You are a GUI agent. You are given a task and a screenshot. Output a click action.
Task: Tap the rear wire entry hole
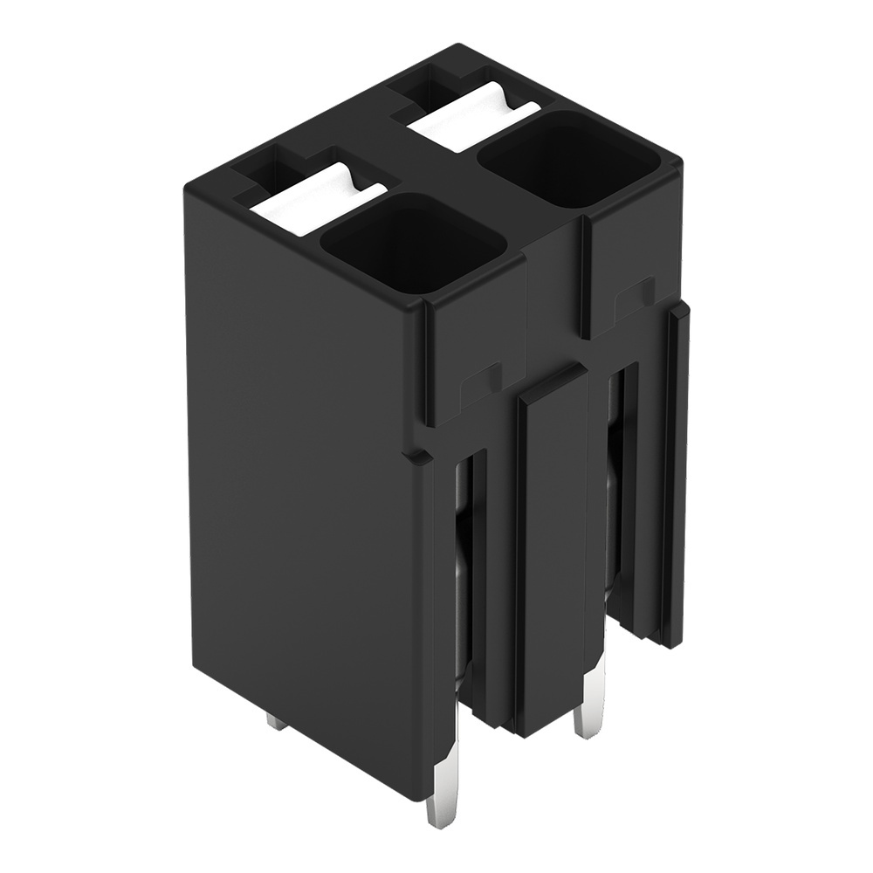pos(568,158)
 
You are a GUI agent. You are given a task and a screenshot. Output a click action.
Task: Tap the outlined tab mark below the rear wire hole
pos(634,297)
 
